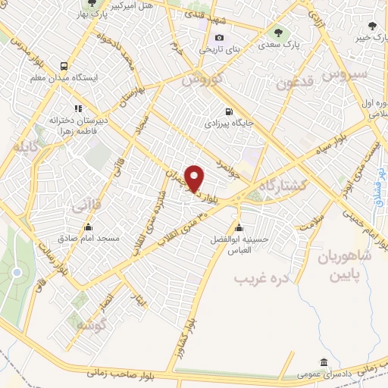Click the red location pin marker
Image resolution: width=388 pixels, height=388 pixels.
point(195,178)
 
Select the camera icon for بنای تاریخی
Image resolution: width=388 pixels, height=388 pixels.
point(220,38)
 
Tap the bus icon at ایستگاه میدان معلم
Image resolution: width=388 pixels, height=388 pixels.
point(64,66)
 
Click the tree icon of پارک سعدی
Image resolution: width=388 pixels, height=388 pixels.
point(278,33)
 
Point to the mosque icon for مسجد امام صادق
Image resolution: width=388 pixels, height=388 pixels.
point(88,226)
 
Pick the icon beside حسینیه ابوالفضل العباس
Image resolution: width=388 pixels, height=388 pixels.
point(239,228)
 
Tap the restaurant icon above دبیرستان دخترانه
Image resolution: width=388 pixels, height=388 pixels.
point(77,108)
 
